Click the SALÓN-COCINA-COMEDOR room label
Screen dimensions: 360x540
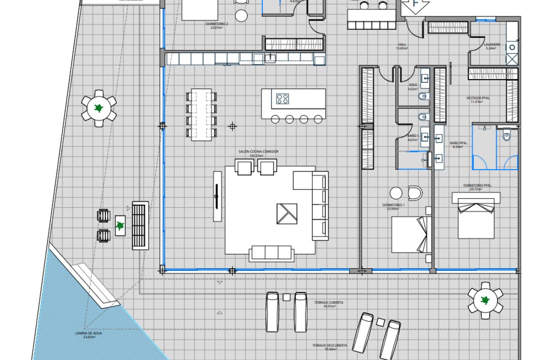259,152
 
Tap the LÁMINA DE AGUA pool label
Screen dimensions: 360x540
89,333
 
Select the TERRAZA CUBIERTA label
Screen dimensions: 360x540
333,303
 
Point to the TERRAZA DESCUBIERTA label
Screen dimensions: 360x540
330,346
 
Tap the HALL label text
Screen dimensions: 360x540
401,45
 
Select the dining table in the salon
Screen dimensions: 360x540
201,114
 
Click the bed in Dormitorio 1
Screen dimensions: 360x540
410,234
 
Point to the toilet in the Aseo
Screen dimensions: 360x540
423,97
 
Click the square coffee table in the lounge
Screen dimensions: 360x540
287,213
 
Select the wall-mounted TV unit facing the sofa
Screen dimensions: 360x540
217,196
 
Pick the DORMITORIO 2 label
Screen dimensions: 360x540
219,23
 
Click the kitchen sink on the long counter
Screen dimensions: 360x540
270,57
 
